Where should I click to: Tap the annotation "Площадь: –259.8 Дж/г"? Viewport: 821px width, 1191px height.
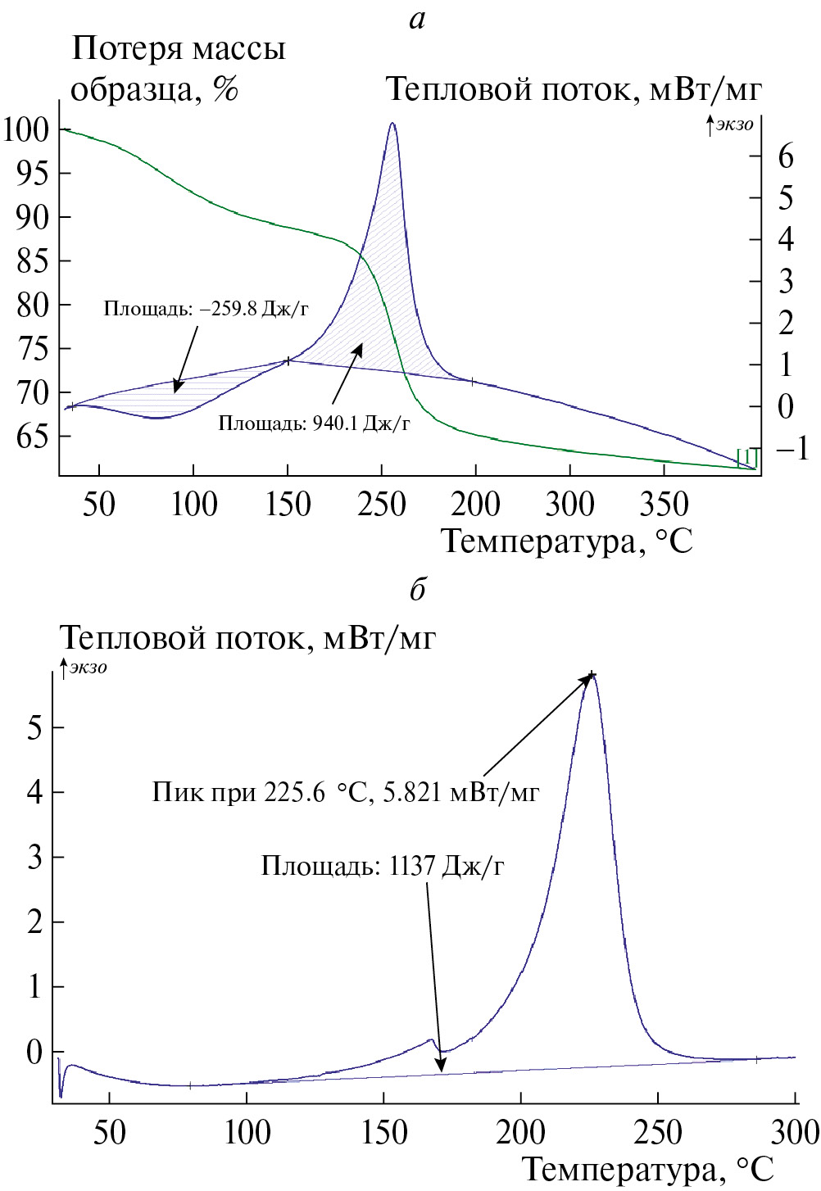pyautogui.click(x=206, y=309)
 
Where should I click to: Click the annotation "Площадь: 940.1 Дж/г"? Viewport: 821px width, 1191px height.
pyautogui.click(x=314, y=423)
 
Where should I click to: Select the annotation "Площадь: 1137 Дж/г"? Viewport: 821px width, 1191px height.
pyautogui.click(x=383, y=866)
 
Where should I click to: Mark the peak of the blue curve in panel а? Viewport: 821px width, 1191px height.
pyautogui.click(x=392, y=124)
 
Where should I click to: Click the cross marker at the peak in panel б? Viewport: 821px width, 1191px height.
pyautogui.click(x=592, y=675)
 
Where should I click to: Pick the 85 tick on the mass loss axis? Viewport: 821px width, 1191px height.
pyautogui.click(x=33, y=261)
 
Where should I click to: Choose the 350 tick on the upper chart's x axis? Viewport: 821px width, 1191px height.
pyautogui.click(x=663, y=504)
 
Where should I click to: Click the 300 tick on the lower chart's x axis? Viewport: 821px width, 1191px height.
pyautogui.click(x=795, y=1132)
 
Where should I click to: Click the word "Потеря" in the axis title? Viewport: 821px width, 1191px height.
pyautogui.click(x=125, y=49)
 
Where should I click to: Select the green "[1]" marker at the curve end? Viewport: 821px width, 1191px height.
pyautogui.click(x=747, y=456)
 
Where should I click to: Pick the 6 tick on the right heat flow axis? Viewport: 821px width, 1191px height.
pyautogui.click(x=786, y=156)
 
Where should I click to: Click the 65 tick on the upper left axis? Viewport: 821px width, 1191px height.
pyautogui.click(x=33, y=437)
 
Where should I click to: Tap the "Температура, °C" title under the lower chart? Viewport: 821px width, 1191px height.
pyautogui.click(x=647, y=1169)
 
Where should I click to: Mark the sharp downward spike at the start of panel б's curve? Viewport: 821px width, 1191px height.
pyautogui.click(x=61, y=1094)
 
